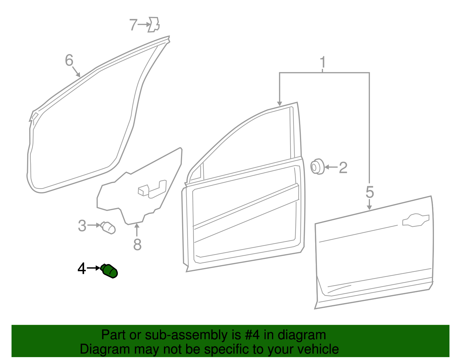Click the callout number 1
[323, 62]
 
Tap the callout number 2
[343, 167]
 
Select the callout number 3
[82, 226]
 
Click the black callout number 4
[82, 269]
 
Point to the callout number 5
[370, 192]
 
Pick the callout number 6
[69, 61]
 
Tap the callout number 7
[133, 25]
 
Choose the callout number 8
[137, 245]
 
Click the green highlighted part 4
[110, 271]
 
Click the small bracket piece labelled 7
[154, 24]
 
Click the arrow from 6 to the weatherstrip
[76, 71]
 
